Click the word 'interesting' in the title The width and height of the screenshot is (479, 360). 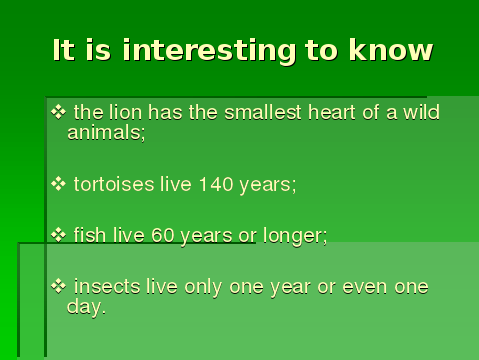tap(209, 51)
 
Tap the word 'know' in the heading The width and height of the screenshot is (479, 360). tap(391, 50)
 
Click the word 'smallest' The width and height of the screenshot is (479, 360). tap(263, 112)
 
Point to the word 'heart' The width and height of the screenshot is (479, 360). tap(332, 112)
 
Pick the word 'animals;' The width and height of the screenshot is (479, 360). tap(106, 133)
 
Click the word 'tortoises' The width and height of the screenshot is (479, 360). tap(114, 184)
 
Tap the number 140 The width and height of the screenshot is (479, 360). tap(216, 184)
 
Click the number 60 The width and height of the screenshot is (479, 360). tap(163, 235)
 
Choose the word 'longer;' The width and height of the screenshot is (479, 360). tap(295, 236)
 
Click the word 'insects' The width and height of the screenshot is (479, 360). tap(107, 286)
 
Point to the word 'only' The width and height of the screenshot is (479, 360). tap(203, 287)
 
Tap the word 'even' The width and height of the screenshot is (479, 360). tap(365, 287)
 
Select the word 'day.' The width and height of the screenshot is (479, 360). tap(86, 307)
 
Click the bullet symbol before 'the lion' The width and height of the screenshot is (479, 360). tap(59, 112)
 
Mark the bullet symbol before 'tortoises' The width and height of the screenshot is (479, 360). tap(59, 184)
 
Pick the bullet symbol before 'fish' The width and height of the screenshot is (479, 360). tap(59, 235)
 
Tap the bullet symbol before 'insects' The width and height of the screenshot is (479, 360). tap(59, 287)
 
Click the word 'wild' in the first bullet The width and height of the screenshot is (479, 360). tap(421, 112)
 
